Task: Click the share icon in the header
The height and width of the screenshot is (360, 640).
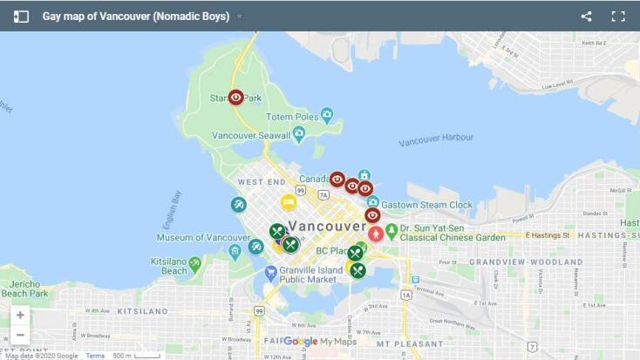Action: pos(587,16)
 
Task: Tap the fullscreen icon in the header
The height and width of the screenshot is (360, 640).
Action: pos(618,16)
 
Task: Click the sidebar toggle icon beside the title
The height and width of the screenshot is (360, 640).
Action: pos(21,16)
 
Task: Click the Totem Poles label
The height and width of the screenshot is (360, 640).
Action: pos(291,117)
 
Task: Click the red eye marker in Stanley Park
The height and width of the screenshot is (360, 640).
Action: pos(236,98)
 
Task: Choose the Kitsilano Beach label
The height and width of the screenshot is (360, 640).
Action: pos(168,266)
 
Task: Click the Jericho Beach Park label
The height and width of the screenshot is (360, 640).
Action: pos(24,289)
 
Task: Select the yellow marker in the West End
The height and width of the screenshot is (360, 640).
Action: pos(289,202)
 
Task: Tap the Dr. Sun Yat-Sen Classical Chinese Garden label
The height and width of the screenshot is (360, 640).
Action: pos(453,233)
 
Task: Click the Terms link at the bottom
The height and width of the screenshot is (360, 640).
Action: pos(95,356)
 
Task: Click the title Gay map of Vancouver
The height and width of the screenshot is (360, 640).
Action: pos(136,16)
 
